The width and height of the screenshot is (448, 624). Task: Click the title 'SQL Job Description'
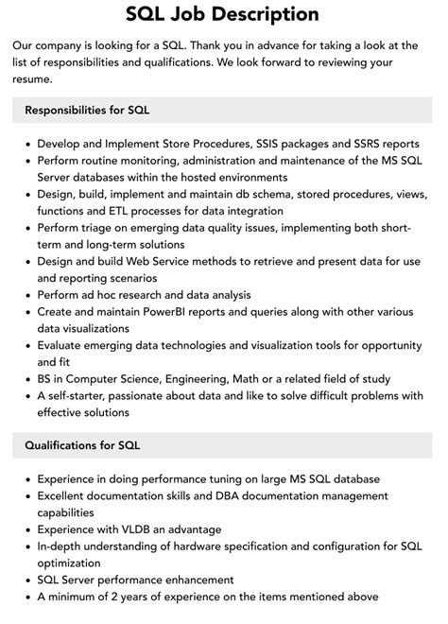pyautogui.click(x=223, y=14)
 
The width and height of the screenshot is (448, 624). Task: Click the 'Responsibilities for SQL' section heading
pyautogui.click(x=87, y=110)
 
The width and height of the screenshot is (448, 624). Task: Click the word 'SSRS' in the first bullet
pyautogui.click(x=370, y=144)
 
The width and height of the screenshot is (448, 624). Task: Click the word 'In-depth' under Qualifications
pyautogui.click(x=64, y=546)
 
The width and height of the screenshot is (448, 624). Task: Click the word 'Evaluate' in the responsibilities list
pyautogui.click(x=66, y=345)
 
